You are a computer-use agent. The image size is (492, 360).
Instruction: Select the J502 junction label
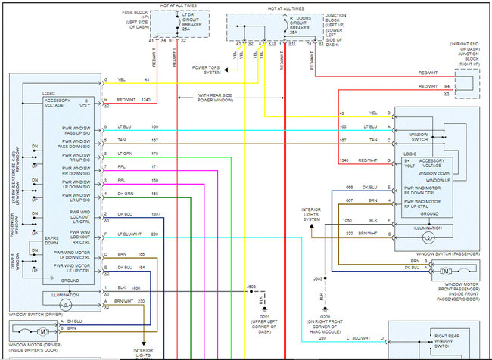coord(251,287)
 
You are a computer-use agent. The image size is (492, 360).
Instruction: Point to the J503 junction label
coord(319,279)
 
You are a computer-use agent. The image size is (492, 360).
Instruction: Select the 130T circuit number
coord(156,214)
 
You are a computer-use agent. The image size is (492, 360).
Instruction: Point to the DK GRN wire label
coord(125,194)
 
